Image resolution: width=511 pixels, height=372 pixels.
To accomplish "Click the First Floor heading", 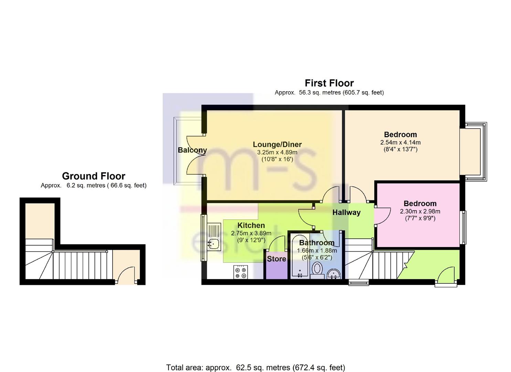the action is pyautogui.click(x=329, y=83).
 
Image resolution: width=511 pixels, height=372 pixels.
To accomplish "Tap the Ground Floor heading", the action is pyautogui.click(x=94, y=176).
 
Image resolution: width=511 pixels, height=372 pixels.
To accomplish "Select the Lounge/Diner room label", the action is pyautogui.click(x=277, y=144).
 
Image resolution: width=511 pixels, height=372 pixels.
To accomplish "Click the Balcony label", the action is pyautogui.click(x=192, y=150).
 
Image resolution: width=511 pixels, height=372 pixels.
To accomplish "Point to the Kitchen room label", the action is pyautogui.click(x=251, y=225).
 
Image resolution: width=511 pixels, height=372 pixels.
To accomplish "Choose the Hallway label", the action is pyautogui.click(x=346, y=213).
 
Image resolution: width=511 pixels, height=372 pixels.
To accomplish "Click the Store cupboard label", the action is pyautogui.click(x=276, y=259).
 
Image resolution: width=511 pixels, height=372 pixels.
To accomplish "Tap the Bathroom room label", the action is pyautogui.click(x=317, y=242).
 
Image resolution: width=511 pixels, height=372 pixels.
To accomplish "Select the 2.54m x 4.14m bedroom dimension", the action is pyautogui.click(x=400, y=143).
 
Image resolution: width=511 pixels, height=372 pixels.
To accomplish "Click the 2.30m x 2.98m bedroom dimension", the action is pyautogui.click(x=420, y=211).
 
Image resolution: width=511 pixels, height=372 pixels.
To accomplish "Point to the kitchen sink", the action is pyautogui.click(x=214, y=237).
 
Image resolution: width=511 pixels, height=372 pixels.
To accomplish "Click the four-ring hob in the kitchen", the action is pyautogui.click(x=241, y=272).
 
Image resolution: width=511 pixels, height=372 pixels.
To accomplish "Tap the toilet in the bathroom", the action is pyautogui.click(x=317, y=270).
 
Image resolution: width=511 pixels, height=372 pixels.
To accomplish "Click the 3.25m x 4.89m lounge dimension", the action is pyautogui.click(x=277, y=152).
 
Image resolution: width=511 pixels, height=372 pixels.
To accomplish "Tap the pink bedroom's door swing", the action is pyautogui.click(x=382, y=216).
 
